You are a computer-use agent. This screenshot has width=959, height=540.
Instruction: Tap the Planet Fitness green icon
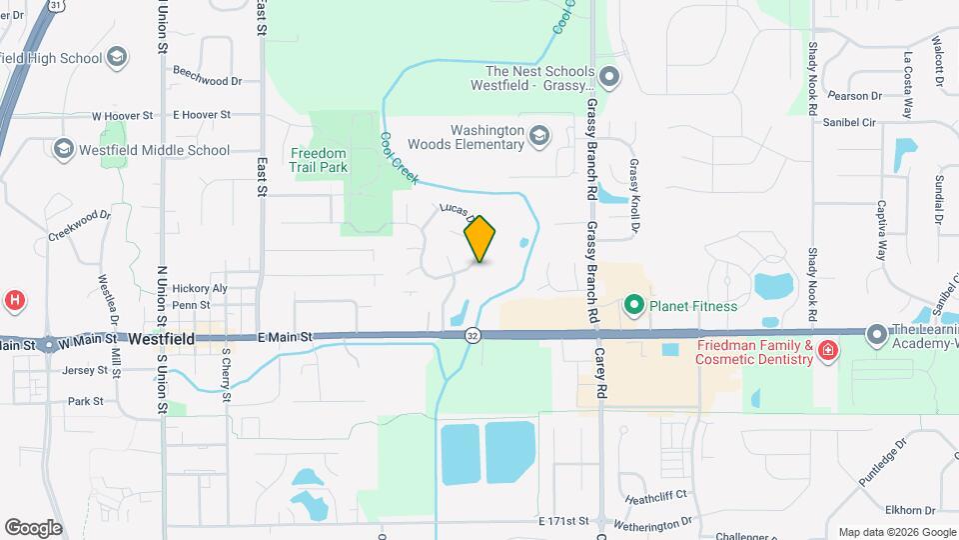(x=632, y=305)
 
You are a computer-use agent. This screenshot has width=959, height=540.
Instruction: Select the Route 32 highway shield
(x=473, y=338)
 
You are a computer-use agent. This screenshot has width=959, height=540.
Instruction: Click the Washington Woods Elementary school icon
(x=539, y=135)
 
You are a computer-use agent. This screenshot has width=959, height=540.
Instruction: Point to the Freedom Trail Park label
(x=319, y=160)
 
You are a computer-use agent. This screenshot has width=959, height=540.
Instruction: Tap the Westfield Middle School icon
(x=64, y=151)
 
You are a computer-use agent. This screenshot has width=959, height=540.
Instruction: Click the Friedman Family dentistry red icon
(x=827, y=350)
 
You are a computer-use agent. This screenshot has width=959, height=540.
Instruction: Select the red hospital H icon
(x=14, y=299)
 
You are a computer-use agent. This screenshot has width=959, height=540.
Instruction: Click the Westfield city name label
(x=162, y=339)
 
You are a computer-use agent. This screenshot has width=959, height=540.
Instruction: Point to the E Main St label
(x=285, y=339)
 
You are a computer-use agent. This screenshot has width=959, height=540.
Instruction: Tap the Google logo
(x=33, y=527)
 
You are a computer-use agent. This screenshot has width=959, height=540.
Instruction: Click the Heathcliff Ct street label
(x=656, y=495)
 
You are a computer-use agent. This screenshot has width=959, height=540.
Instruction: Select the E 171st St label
(x=564, y=521)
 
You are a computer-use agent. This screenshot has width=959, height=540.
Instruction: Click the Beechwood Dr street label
(x=207, y=79)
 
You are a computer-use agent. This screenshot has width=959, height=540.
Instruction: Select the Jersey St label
(x=84, y=369)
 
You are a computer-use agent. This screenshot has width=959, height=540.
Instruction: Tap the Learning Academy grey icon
(x=877, y=334)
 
